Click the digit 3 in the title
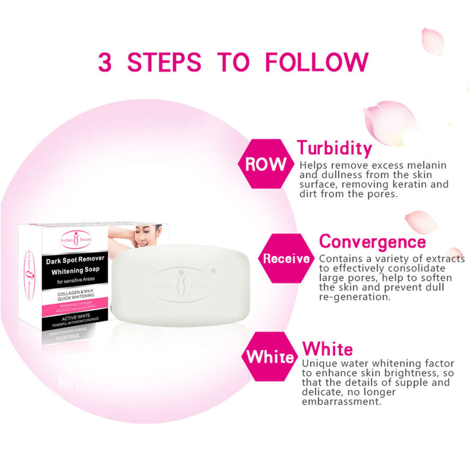[x=105, y=62]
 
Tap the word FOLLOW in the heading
[x=317, y=62]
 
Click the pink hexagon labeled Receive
[x=286, y=259]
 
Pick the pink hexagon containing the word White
[x=270, y=357]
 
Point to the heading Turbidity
[x=334, y=148]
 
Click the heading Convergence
[x=372, y=242]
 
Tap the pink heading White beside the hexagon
[x=328, y=349]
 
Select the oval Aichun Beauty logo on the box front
[x=76, y=240]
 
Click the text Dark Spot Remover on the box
[x=75, y=260]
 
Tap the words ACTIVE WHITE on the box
[x=76, y=317]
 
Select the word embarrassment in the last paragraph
[x=342, y=401]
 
